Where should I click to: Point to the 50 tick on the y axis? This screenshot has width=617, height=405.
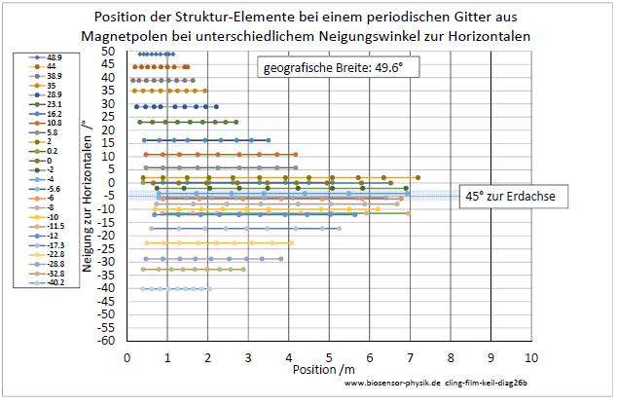point(108,51)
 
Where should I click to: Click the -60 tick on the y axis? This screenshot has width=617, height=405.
point(106,341)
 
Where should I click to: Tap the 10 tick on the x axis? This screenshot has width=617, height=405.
point(530,356)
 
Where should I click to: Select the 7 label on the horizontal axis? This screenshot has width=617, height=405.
point(410,356)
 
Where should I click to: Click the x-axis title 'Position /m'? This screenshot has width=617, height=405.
point(321,370)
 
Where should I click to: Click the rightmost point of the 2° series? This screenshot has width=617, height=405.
point(417,177)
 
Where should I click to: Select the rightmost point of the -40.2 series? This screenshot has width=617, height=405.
point(209,288)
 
